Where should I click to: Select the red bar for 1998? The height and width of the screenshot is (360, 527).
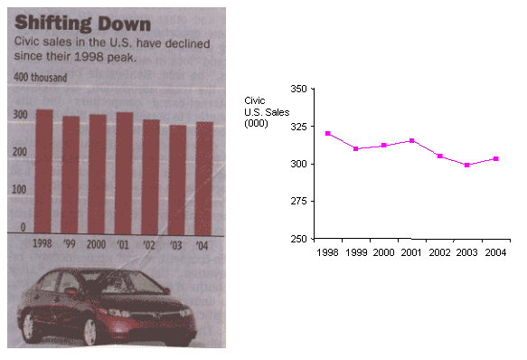tap(42, 171)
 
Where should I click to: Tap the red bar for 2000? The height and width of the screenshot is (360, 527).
tap(97, 173)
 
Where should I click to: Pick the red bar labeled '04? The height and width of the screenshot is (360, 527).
tap(205, 177)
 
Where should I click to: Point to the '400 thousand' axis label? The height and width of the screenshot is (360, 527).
tap(40, 78)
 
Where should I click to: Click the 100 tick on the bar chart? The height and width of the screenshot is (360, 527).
tap(18, 191)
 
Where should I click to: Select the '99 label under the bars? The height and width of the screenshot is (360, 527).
tap(70, 244)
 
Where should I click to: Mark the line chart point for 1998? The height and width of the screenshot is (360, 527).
tap(328, 134)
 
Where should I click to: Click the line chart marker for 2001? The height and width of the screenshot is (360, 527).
tap(411, 140)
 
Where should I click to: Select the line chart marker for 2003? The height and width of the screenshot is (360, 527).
tap(466, 165)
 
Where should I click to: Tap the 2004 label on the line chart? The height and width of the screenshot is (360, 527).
tap(495, 252)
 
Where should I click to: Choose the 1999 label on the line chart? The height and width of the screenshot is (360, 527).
tap(356, 252)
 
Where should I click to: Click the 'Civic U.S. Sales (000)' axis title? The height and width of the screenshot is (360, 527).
tap(262, 112)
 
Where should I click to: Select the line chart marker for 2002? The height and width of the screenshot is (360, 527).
tap(439, 156)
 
